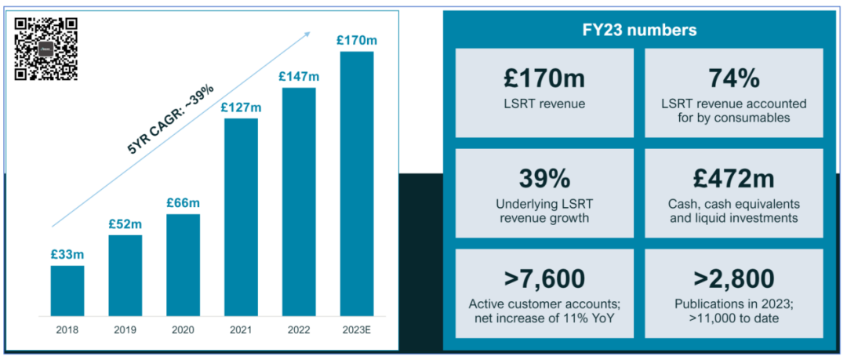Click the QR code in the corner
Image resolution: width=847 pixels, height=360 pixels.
(46, 49)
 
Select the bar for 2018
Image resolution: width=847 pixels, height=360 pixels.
(67, 291)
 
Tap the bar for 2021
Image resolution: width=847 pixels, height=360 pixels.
(241, 217)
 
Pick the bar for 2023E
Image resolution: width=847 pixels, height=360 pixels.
(356, 184)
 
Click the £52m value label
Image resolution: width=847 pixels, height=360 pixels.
(125, 224)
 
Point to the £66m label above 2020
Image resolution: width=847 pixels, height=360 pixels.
(183, 203)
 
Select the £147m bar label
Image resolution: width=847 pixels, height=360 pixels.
(298, 76)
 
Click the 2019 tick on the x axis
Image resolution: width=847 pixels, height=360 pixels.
(125, 329)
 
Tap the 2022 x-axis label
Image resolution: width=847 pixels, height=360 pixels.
(298, 329)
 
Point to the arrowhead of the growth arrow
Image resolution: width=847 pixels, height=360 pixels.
(308, 35)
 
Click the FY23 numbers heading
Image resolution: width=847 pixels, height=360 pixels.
(639, 31)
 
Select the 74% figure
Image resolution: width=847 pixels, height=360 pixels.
(733, 78)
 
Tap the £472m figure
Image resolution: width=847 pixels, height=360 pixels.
(733, 180)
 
